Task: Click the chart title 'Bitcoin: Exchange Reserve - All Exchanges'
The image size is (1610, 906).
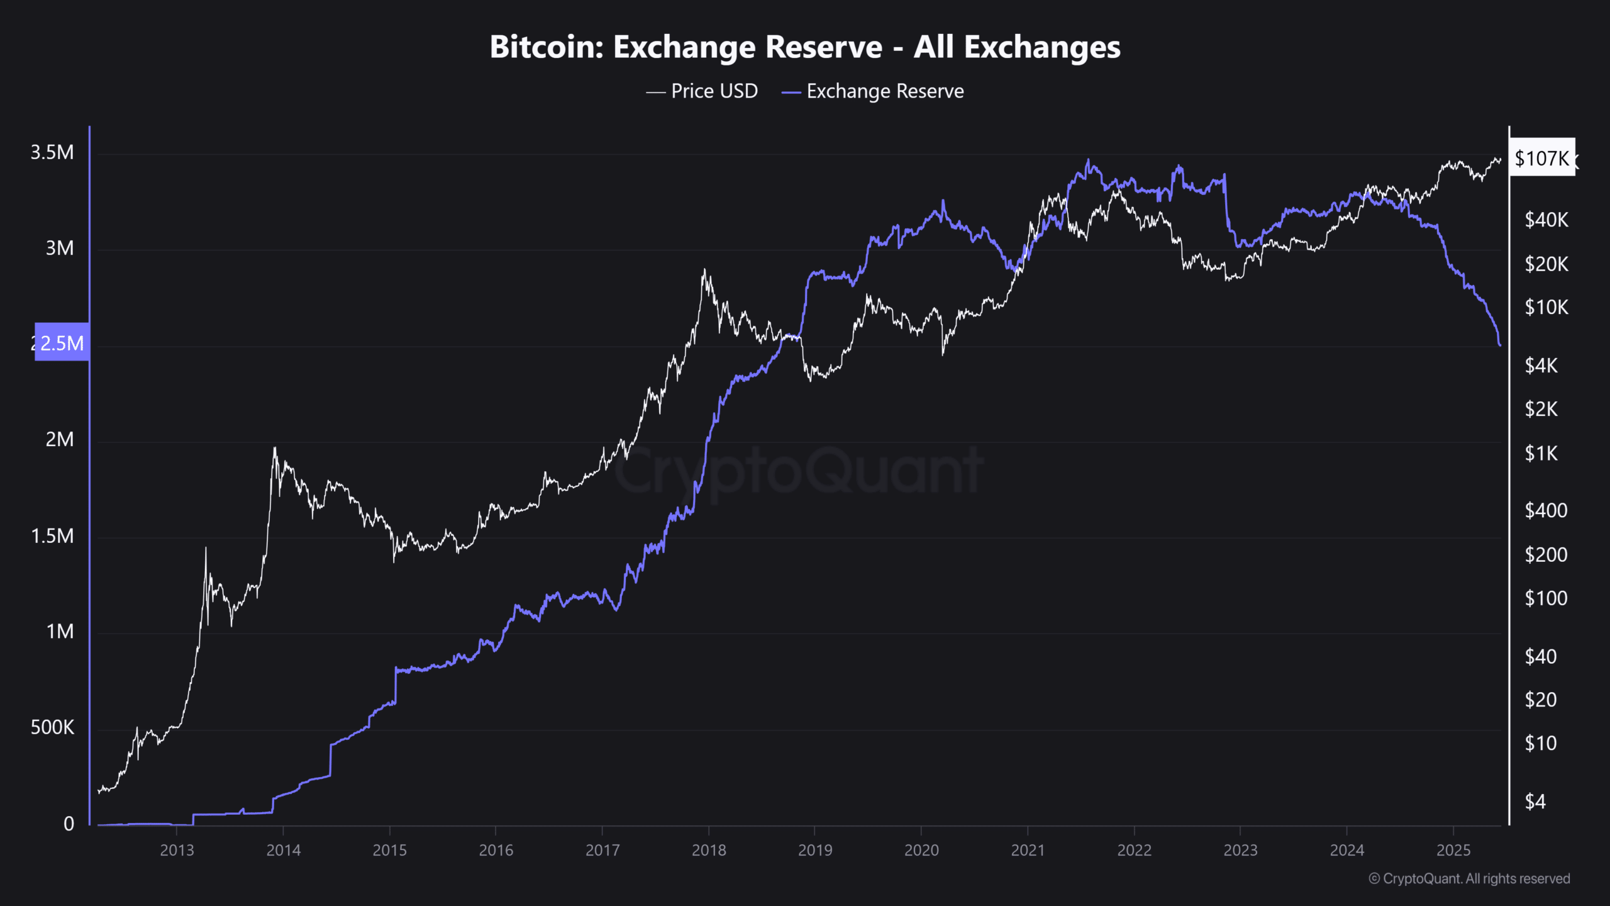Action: pos(805,47)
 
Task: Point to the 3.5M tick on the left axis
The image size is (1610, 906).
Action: pos(52,152)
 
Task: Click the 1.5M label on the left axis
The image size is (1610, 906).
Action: pos(52,536)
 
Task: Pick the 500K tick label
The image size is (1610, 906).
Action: pos(52,728)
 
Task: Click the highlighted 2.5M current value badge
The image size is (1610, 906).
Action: pos(62,343)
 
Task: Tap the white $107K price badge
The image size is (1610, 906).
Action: pos(1541,158)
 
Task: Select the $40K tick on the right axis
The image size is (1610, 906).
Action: pos(1546,220)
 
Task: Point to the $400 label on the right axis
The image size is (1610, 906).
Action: pos(1546,510)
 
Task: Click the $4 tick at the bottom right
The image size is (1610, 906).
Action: pos(1535,802)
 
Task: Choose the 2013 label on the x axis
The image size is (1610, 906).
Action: pos(177,850)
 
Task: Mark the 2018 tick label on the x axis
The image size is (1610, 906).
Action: pos(709,850)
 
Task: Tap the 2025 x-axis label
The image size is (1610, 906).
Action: pos(1453,850)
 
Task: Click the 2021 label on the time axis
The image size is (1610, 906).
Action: pos(1028,850)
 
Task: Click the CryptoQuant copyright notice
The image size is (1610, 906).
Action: pos(1469,879)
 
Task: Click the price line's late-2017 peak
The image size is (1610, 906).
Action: pos(704,271)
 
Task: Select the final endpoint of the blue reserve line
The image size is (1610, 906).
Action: pos(1500,345)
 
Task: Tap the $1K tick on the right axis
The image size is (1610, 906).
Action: pos(1541,453)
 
